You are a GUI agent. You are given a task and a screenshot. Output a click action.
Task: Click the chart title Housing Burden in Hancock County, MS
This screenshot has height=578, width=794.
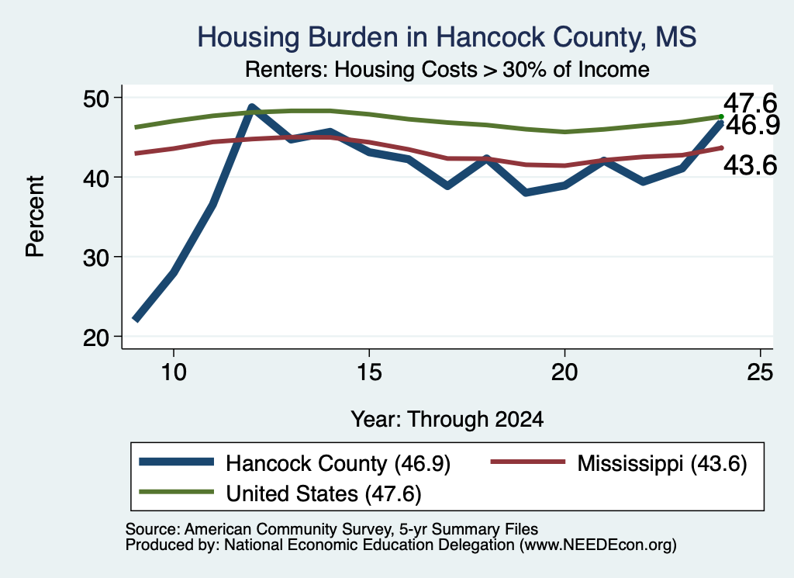tap(447, 37)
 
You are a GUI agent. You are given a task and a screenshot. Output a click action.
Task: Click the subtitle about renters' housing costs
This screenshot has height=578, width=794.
tap(447, 69)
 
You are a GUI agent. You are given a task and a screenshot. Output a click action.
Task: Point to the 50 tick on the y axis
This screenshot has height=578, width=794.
tap(96, 98)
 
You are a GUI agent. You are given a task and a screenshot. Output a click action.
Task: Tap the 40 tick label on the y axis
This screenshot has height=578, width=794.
tap(96, 178)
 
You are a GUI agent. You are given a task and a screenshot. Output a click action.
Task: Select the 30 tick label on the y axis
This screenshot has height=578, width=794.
tap(96, 258)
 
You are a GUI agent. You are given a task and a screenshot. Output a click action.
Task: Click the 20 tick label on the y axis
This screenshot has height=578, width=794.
tap(96, 337)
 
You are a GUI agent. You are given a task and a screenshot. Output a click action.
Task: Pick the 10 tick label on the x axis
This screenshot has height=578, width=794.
tap(174, 372)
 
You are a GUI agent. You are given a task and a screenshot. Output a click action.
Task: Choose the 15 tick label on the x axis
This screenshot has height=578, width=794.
tap(369, 372)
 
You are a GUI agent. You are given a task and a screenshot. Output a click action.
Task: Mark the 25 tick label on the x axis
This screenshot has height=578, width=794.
tap(760, 372)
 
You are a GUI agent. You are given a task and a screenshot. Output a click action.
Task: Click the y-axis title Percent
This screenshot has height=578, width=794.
tap(35, 216)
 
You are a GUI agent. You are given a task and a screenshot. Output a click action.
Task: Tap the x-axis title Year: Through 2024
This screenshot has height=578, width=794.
tap(447, 420)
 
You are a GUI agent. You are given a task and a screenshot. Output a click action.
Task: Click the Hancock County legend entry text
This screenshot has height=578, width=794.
tap(338, 463)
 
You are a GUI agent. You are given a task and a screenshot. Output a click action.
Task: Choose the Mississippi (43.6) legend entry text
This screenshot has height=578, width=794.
tap(662, 463)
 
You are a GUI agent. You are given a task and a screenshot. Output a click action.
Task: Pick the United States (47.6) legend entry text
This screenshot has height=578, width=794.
tap(323, 493)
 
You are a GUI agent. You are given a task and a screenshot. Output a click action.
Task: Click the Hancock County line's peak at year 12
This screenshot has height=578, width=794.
tap(252, 107)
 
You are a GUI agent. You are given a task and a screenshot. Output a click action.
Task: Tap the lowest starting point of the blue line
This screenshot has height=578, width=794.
tap(136, 319)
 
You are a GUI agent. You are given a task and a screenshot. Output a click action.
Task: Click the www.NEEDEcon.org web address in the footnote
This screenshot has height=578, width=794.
tap(598, 545)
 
